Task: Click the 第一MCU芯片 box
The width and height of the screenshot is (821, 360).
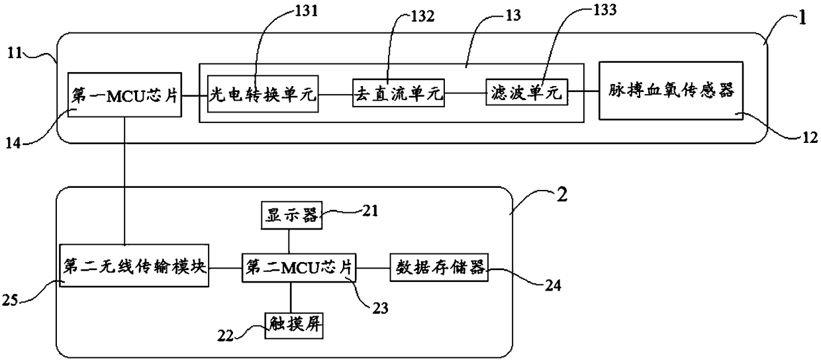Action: [124, 95]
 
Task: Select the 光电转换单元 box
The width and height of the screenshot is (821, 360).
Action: [263, 94]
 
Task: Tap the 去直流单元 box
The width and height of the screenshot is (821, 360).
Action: [399, 93]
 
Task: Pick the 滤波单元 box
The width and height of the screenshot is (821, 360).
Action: [526, 92]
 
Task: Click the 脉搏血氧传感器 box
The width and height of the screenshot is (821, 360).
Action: [671, 91]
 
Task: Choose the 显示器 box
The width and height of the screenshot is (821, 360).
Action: [292, 215]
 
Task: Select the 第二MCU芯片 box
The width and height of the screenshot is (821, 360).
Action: [299, 268]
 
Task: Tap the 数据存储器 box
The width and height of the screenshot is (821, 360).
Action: [439, 267]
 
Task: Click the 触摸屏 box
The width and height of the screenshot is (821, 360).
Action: [294, 325]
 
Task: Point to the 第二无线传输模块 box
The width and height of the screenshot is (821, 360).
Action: [134, 265]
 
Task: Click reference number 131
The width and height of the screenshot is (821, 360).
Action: [307, 10]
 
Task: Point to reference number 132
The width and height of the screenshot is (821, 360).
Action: [422, 16]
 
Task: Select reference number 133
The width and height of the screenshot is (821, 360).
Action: [604, 10]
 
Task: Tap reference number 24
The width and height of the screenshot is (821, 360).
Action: [553, 286]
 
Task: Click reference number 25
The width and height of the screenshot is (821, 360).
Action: [10, 300]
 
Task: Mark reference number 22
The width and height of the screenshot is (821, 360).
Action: [225, 336]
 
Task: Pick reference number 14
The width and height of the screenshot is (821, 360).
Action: [13, 143]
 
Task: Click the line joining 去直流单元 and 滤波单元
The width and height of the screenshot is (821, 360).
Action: [465, 93]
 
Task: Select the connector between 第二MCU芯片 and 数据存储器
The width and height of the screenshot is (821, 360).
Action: [373, 268]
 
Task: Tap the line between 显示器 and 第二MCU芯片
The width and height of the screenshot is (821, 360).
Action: [289, 242]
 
